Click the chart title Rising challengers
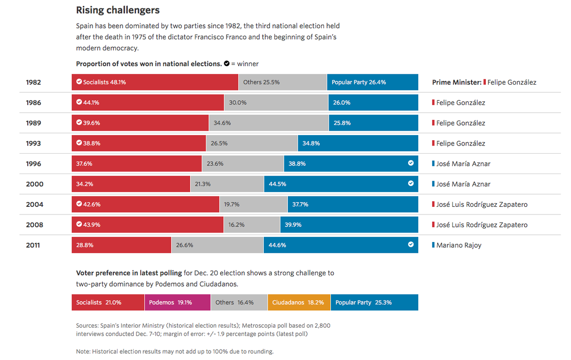pyautogui.click(x=118, y=10)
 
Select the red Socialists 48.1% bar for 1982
pyautogui.click(x=155, y=82)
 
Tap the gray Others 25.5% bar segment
pyautogui.click(x=282, y=82)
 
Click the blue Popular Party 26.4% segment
pyautogui.click(x=373, y=82)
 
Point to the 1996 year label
pyautogui.click(x=33, y=164)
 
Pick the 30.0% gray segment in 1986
pyautogui.click(x=276, y=103)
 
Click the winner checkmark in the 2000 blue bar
pyautogui.click(x=411, y=184)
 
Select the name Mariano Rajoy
pyautogui.click(x=459, y=245)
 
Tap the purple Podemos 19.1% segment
pyautogui.click(x=177, y=302)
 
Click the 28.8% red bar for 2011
pyautogui.click(x=121, y=245)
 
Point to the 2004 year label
pyautogui.click(x=34, y=204)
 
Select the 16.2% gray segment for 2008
pyautogui.click(x=251, y=225)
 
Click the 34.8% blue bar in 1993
pyautogui.click(x=358, y=143)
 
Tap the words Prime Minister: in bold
pyautogui.click(x=456, y=82)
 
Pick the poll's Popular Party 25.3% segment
pyautogui.click(x=374, y=302)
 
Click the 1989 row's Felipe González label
pyautogui.click(x=461, y=123)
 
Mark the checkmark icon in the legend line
pyautogui.click(x=227, y=64)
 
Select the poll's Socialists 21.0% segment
pyautogui.click(x=108, y=302)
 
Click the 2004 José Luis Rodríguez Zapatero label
pyautogui.click(x=482, y=204)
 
